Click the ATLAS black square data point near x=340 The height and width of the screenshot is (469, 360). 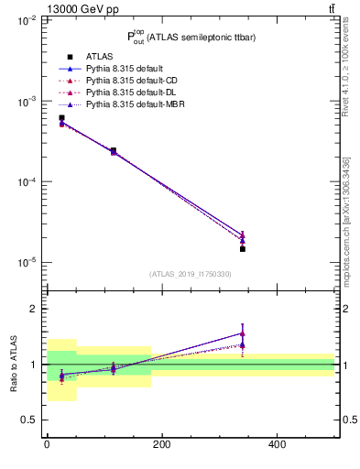[243, 248]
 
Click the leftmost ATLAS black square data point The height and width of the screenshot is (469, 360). [61, 118]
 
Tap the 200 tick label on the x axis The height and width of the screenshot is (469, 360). [161, 444]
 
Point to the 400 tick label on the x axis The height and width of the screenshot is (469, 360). [277, 444]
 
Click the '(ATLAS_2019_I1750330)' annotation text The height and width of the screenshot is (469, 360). [191, 274]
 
